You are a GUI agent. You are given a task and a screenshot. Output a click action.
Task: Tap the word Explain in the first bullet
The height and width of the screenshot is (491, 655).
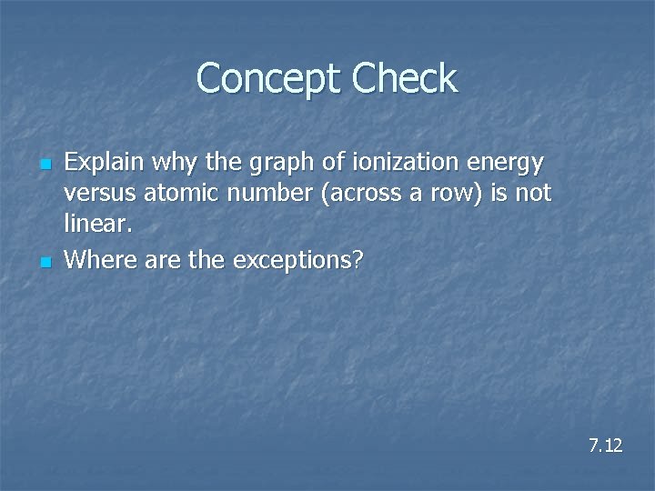105,163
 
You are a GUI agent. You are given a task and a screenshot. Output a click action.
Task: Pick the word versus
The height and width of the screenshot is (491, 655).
96,195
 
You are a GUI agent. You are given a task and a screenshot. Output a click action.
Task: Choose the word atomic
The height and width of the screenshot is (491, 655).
176,195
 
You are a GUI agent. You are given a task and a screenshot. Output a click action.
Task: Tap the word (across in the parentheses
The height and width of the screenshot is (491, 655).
349,195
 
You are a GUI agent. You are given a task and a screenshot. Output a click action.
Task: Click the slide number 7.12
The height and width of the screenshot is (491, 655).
605,446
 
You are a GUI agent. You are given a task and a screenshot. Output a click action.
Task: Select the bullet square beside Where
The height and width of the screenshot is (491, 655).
43,262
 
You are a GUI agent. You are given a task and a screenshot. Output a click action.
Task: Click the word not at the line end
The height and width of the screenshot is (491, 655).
533,195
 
